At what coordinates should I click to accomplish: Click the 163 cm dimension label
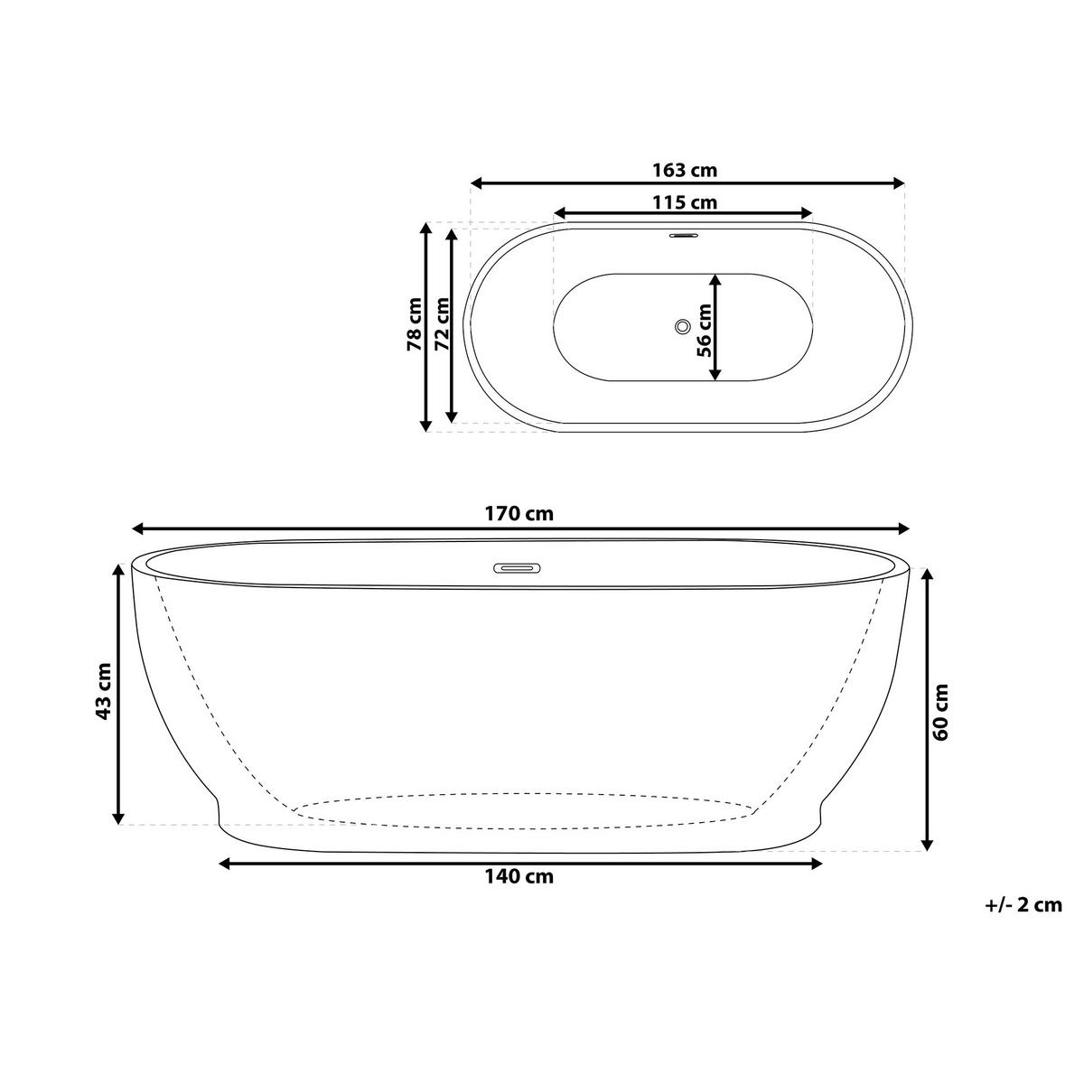[685, 169]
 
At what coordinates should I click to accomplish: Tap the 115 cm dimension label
[685, 202]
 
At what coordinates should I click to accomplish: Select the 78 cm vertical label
[415, 324]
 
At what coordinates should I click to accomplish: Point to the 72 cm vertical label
[443, 324]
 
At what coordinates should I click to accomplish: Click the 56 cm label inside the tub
[704, 331]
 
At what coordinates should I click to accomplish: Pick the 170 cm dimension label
[519, 514]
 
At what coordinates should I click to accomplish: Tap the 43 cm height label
[103, 691]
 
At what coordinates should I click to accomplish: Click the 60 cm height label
[940, 712]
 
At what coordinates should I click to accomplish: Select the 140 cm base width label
[519, 876]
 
